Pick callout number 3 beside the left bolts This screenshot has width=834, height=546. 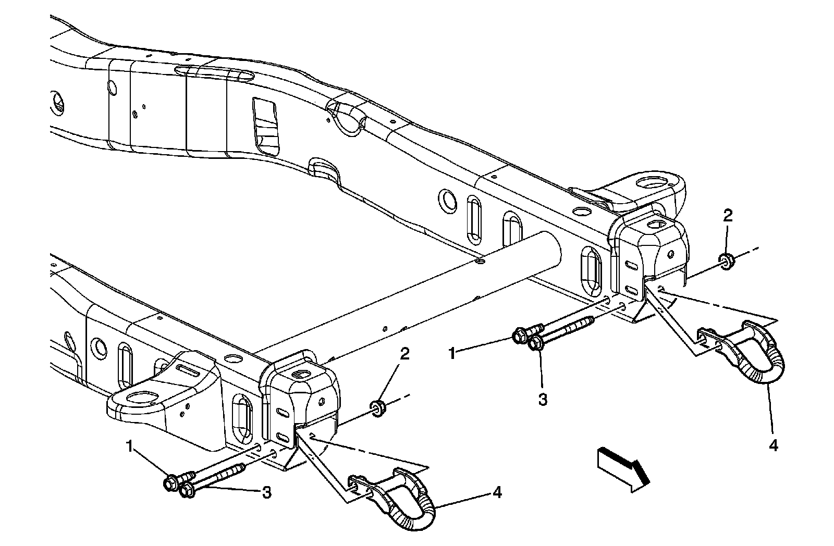pyautogui.click(x=266, y=492)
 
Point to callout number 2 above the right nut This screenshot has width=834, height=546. pyautogui.click(x=728, y=215)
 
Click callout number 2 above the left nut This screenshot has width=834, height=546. pyautogui.click(x=404, y=354)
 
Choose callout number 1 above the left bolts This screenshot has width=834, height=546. pyautogui.click(x=129, y=445)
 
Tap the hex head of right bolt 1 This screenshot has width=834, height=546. pyautogui.click(x=520, y=336)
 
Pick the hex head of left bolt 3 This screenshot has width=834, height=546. pyautogui.click(x=187, y=490)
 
